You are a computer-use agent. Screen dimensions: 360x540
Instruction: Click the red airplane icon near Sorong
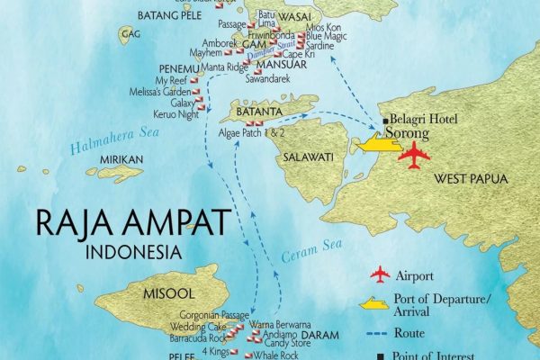coord(415,154)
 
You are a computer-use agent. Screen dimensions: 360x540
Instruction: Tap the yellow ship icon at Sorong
coord(378,143)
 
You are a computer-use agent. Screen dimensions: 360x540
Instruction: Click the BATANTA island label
coord(258,112)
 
